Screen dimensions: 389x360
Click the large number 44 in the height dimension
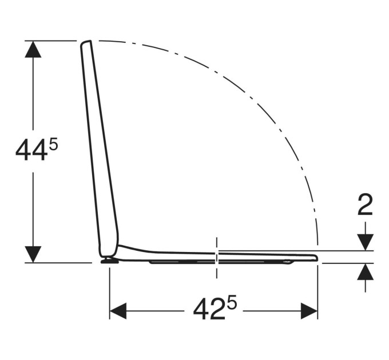pos(31,150)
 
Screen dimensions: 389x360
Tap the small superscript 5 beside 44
pos(53,144)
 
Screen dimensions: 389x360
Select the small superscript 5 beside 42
pos(232,303)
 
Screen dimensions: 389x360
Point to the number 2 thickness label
pos(365,205)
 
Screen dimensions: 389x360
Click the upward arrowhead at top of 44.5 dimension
pos(33,49)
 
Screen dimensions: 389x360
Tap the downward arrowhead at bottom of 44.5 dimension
pos(33,254)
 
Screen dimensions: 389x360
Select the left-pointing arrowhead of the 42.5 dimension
pos(118,311)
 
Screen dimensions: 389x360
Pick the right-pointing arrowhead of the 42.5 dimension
pos(309,311)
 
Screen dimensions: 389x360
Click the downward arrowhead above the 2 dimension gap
pos(365,242)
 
